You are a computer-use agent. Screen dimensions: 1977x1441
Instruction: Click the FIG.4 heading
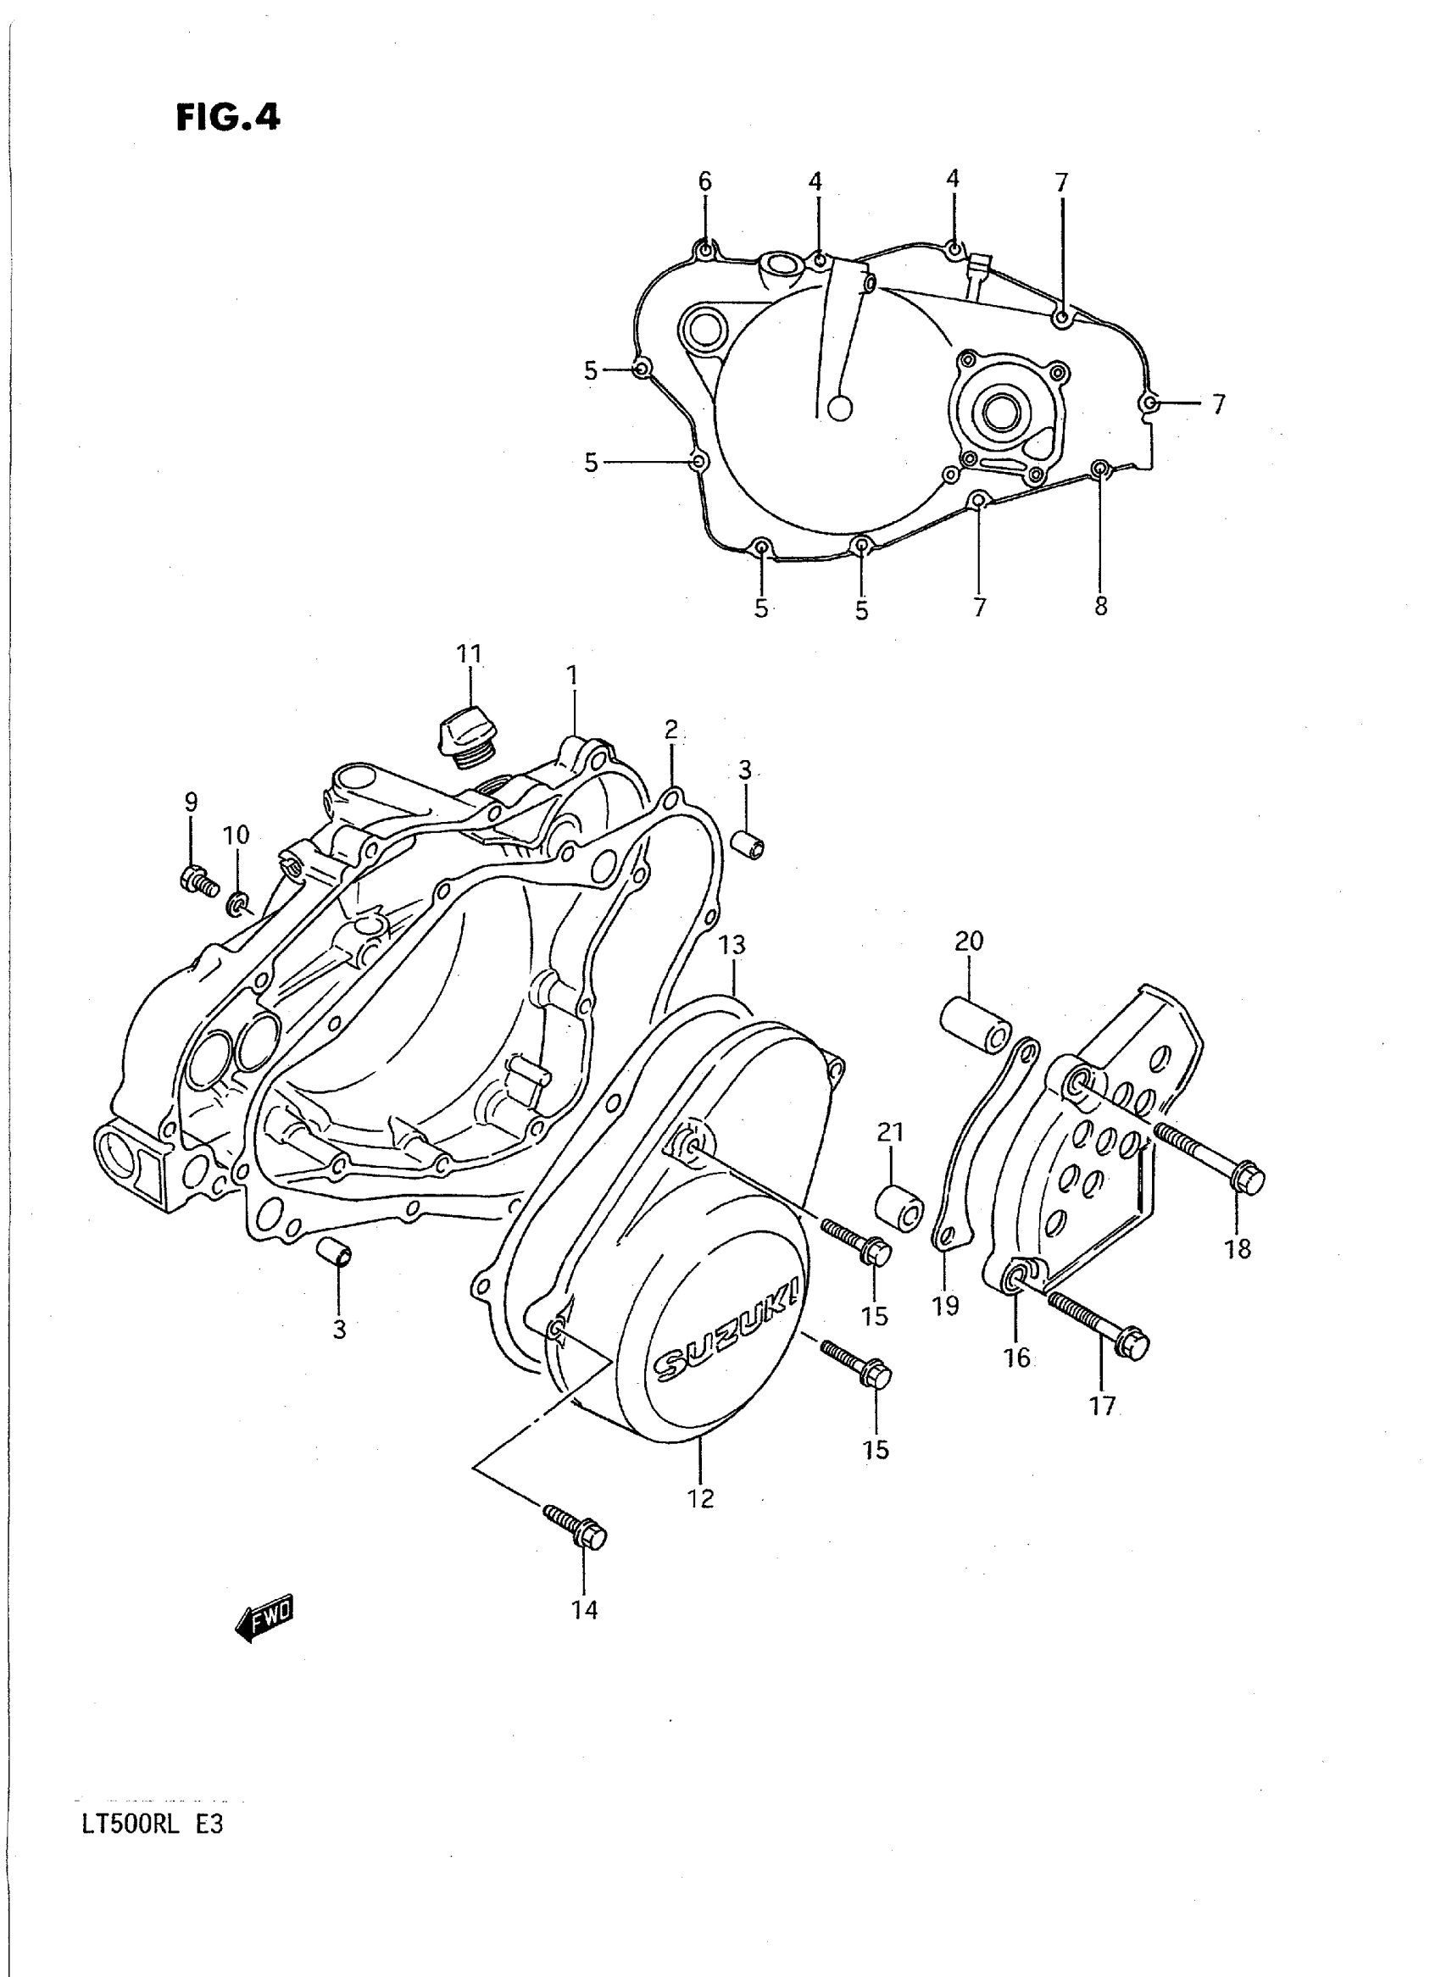(228, 117)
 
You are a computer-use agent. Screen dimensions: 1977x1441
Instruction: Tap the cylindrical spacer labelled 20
(975, 1025)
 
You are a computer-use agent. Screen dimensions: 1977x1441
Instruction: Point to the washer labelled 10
(236, 903)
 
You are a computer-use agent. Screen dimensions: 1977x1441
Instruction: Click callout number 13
(732, 945)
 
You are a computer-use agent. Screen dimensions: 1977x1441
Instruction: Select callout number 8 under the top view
(1101, 606)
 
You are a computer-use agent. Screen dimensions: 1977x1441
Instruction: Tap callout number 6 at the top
(704, 181)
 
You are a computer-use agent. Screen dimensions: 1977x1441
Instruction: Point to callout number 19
(945, 1330)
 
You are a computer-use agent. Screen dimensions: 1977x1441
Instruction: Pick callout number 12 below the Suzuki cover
(700, 1498)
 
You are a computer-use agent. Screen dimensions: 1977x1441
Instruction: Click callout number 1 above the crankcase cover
(572, 675)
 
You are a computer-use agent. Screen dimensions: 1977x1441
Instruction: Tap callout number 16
(1017, 1358)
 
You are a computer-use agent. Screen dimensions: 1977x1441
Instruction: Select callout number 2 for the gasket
(670, 729)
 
